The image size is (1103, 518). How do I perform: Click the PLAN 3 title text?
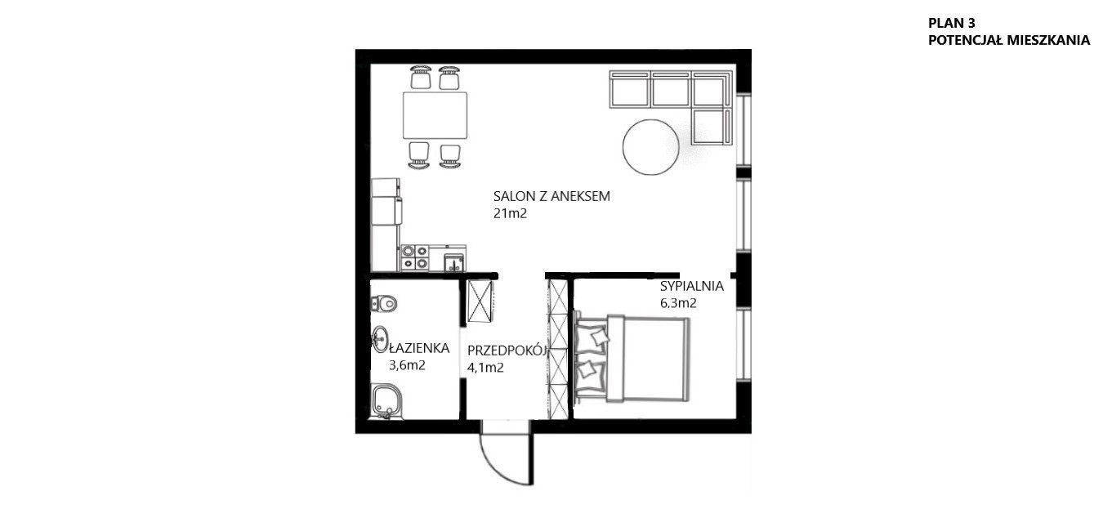pyautogui.click(x=951, y=23)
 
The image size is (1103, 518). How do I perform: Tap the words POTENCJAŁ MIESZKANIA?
pyautogui.click(x=1009, y=40)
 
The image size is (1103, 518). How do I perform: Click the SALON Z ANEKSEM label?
pyautogui.click(x=551, y=196)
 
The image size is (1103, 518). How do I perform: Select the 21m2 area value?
pyautogui.click(x=510, y=213)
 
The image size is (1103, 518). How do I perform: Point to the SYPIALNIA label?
pyautogui.click(x=692, y=286)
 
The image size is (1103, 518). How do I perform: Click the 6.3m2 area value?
pyautogui.click(x=678, y=303)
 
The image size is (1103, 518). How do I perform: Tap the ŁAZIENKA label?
pyautogui.click(x=419, y=348)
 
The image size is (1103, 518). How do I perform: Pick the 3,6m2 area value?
pyautogui.click(x=407, y=365)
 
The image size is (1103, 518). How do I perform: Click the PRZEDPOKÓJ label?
pyautogui.click(x=507, y=351)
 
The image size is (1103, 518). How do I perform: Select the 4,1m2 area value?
pyautogui.click(x=485, y=368)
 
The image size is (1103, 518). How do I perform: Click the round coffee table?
pyautogui.click(x=651, y=147)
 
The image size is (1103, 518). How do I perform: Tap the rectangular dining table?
pyautogui.click(x=435, y=115)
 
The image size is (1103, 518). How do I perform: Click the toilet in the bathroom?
pyautogui.click(x=383, y=303)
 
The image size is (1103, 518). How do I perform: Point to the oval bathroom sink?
pyautogui.click(x=380, y=339)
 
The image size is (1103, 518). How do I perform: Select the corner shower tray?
pyautogui.click(x=387, y=402)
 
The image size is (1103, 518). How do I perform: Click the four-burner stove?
pyautogui.click(x=414, y=258)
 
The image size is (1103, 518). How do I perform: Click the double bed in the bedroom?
pyautogui.click(x=633, y=359)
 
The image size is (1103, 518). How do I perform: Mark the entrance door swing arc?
pyautogui.click(x=498, y=469)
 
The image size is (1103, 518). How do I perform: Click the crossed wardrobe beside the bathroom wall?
pyautogui.click(x=480, y=301)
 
